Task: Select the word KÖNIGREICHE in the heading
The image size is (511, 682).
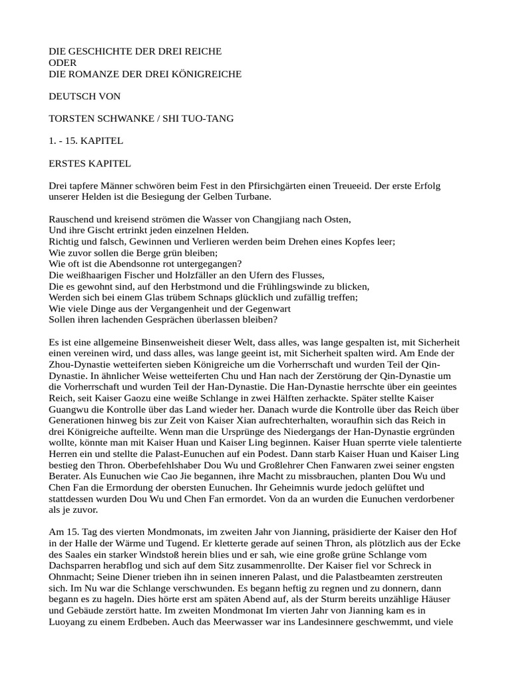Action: click(x=208, y=74)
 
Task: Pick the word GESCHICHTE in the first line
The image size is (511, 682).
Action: click(x=98, y=51)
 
